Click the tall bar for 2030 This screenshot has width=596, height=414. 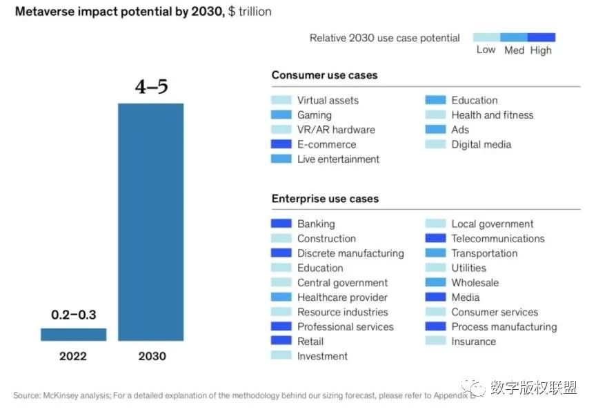[x=150, y=221]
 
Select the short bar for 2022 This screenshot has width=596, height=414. [x=73, y=335]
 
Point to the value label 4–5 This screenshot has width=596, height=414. [x=151, y=88]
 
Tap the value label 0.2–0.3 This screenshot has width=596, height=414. [x=74, y=315]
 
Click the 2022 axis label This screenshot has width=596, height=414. [x=73, y=357]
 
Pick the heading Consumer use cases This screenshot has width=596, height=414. [x=324, y=75]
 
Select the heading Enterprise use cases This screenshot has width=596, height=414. [x=325, y=199]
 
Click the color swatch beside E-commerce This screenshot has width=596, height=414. [x=281, y=145]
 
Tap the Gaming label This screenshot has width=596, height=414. [x=315, y=115]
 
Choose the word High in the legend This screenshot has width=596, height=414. [x=541, y=50]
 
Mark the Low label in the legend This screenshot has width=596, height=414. [x=486, y=50]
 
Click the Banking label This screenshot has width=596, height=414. [x=316, y=224]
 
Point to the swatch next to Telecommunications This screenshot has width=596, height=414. [x=435, y=239]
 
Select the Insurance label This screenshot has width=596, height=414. [x=473, y=342]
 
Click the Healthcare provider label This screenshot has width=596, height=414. [x=342, y=297]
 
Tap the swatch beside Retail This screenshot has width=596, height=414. [x=281, y=342]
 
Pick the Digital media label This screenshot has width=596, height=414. [x=481, y=145]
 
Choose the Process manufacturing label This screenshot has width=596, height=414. [x=504, y=327]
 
